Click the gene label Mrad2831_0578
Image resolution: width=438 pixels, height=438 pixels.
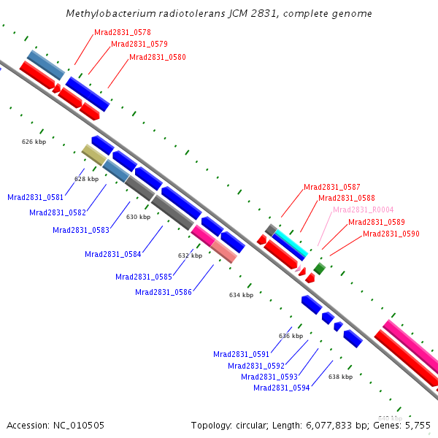pos(123,33)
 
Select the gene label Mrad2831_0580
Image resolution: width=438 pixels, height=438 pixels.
pos(157,57)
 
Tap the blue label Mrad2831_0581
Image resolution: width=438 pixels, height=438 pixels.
pos(35,197)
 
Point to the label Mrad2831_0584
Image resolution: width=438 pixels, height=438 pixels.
pos(112,254)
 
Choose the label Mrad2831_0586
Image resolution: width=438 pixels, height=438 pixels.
pos(163,292)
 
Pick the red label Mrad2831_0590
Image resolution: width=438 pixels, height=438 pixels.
pos(391,234)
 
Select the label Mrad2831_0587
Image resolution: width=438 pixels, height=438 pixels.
pos(332,187)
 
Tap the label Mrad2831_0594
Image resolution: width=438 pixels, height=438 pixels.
pos(281,388)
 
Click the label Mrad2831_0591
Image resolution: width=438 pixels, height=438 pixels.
pos(241,354)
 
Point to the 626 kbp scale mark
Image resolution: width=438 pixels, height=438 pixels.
pos(34,142)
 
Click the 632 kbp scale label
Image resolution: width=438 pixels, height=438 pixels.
pos(190,255)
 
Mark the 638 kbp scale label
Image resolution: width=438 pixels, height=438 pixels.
pos(340,377)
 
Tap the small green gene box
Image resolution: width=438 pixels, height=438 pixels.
pos(319,269)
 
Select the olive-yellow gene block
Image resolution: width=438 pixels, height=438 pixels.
pos(94,155)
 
